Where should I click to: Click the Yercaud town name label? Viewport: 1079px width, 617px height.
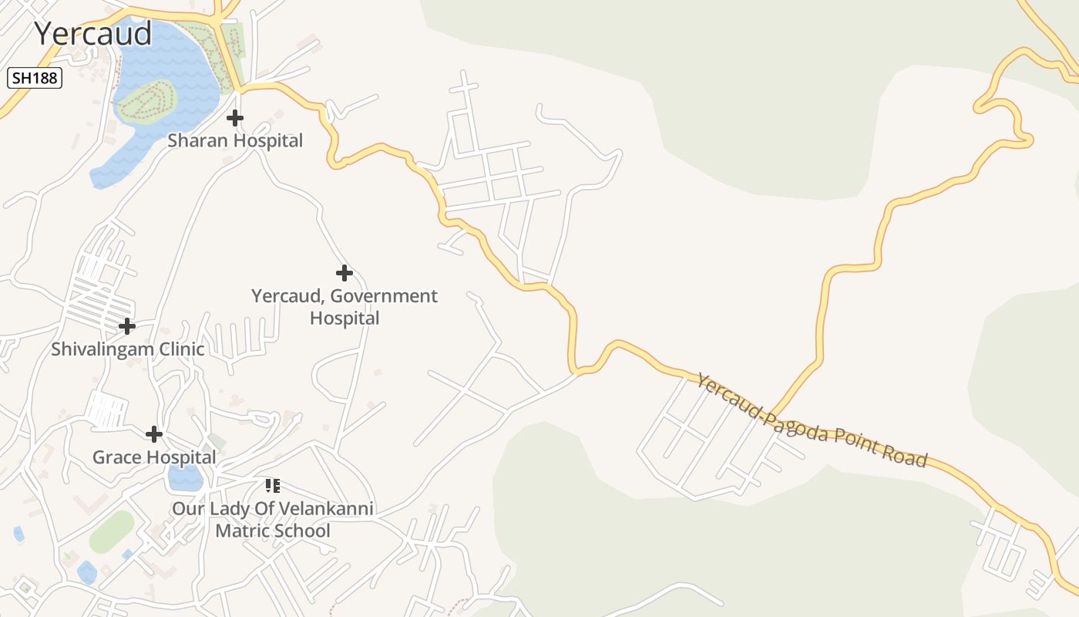92,34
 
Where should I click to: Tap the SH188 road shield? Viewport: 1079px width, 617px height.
35,78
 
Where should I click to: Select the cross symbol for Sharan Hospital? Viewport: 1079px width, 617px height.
235,118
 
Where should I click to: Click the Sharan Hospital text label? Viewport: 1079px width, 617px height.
235,140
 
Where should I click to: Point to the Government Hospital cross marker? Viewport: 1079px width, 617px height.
345,273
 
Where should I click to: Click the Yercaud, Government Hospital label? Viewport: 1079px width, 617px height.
345,306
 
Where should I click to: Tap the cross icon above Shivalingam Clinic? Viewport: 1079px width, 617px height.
127,327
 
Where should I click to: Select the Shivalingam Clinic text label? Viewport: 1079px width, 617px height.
128,349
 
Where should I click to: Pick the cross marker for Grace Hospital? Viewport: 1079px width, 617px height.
154,434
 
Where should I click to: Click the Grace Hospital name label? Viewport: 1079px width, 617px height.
154,457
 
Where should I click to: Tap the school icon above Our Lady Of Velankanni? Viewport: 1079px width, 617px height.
272,486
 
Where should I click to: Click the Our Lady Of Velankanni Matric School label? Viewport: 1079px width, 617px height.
273,520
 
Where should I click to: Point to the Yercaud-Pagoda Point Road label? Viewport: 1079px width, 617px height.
811,420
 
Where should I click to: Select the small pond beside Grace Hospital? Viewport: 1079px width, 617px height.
185,478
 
